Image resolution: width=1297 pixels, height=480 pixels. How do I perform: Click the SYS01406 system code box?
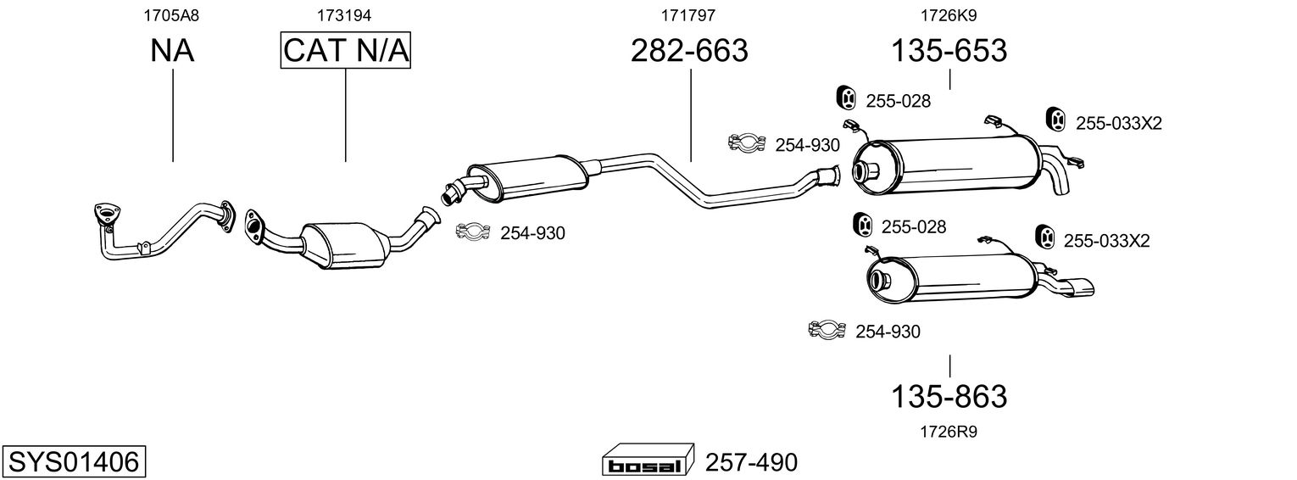coord(74,461)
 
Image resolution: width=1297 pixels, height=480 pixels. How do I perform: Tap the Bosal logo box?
coord(648,460)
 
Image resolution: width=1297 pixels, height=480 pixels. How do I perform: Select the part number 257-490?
coord(751,462)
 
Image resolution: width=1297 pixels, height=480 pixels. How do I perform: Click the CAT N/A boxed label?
coord(346,50)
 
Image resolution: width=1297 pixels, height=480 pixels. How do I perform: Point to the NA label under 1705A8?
coord(172,50)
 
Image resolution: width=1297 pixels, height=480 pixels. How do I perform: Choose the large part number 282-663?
coord(689,50)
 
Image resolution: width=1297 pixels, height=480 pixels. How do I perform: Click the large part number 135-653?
coord(949,50)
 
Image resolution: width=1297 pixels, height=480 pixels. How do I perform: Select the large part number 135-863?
coord(949,397)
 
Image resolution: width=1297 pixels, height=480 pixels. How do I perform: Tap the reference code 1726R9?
coord(949,432)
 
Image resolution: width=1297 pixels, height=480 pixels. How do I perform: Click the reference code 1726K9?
coord(949,15)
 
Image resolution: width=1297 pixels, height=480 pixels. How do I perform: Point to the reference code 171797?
coord(688,15)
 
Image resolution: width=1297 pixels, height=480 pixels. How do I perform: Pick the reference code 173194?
coord(344,15)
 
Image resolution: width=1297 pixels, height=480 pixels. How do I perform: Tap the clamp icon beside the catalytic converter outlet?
coord(473,232)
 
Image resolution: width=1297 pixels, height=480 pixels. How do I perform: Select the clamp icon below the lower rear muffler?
coord(827,330)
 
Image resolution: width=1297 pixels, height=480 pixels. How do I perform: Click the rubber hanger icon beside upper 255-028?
coord(847,98)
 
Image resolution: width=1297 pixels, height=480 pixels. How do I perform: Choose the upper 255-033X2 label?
coord(1119,123)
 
